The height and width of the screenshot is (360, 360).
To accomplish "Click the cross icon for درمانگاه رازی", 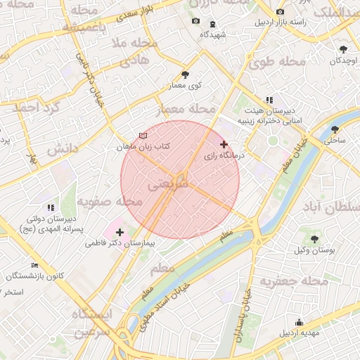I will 224,144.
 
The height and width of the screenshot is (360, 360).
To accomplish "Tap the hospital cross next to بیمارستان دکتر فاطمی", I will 120,232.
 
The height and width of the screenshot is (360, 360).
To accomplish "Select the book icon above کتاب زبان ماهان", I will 143,136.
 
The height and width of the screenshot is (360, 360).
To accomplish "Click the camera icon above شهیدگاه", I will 195,21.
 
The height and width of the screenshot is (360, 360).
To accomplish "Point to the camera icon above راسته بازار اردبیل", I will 280,12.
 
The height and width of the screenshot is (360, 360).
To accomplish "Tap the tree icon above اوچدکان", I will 343,49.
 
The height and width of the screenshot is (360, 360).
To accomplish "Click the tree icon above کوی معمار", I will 185,74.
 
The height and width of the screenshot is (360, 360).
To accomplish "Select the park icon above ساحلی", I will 334,129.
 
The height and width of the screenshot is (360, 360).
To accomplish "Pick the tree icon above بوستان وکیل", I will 314,239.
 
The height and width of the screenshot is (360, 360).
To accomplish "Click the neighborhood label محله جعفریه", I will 295,281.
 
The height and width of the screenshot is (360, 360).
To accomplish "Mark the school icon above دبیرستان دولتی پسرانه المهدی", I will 50,208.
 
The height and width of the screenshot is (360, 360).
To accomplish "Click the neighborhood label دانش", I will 61,149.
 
